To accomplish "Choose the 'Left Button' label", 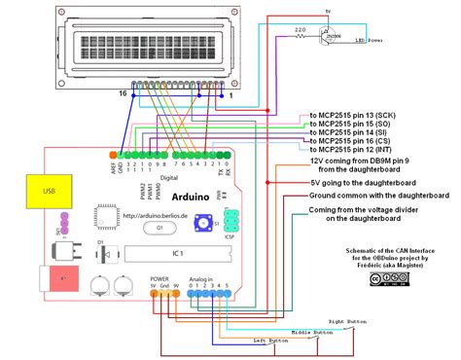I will point(272,342).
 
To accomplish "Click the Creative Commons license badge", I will point(383,281).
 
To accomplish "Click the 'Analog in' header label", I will point(202,278).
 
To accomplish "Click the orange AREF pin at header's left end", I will point(114,154).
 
